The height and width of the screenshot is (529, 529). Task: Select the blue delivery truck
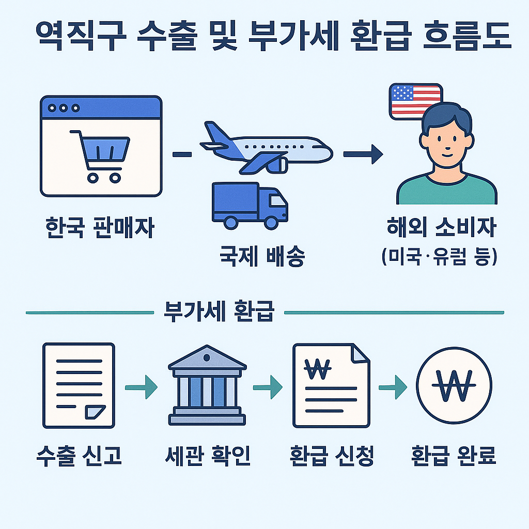(x=250, y=206)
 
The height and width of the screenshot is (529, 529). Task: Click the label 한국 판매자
(x=100, y=228)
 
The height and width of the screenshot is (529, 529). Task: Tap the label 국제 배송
(x=261, y=256)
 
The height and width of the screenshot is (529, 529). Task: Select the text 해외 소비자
(x=441, y=228)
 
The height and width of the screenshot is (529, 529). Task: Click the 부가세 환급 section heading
(x=219, y=312)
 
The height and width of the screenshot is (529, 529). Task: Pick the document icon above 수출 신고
(x=79, y=385)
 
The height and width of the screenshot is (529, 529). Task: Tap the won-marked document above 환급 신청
(x=331, y=385)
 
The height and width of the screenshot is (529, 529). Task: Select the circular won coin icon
(x=454, y=385)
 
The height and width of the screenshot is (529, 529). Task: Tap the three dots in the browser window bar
(x=63, y=108)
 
